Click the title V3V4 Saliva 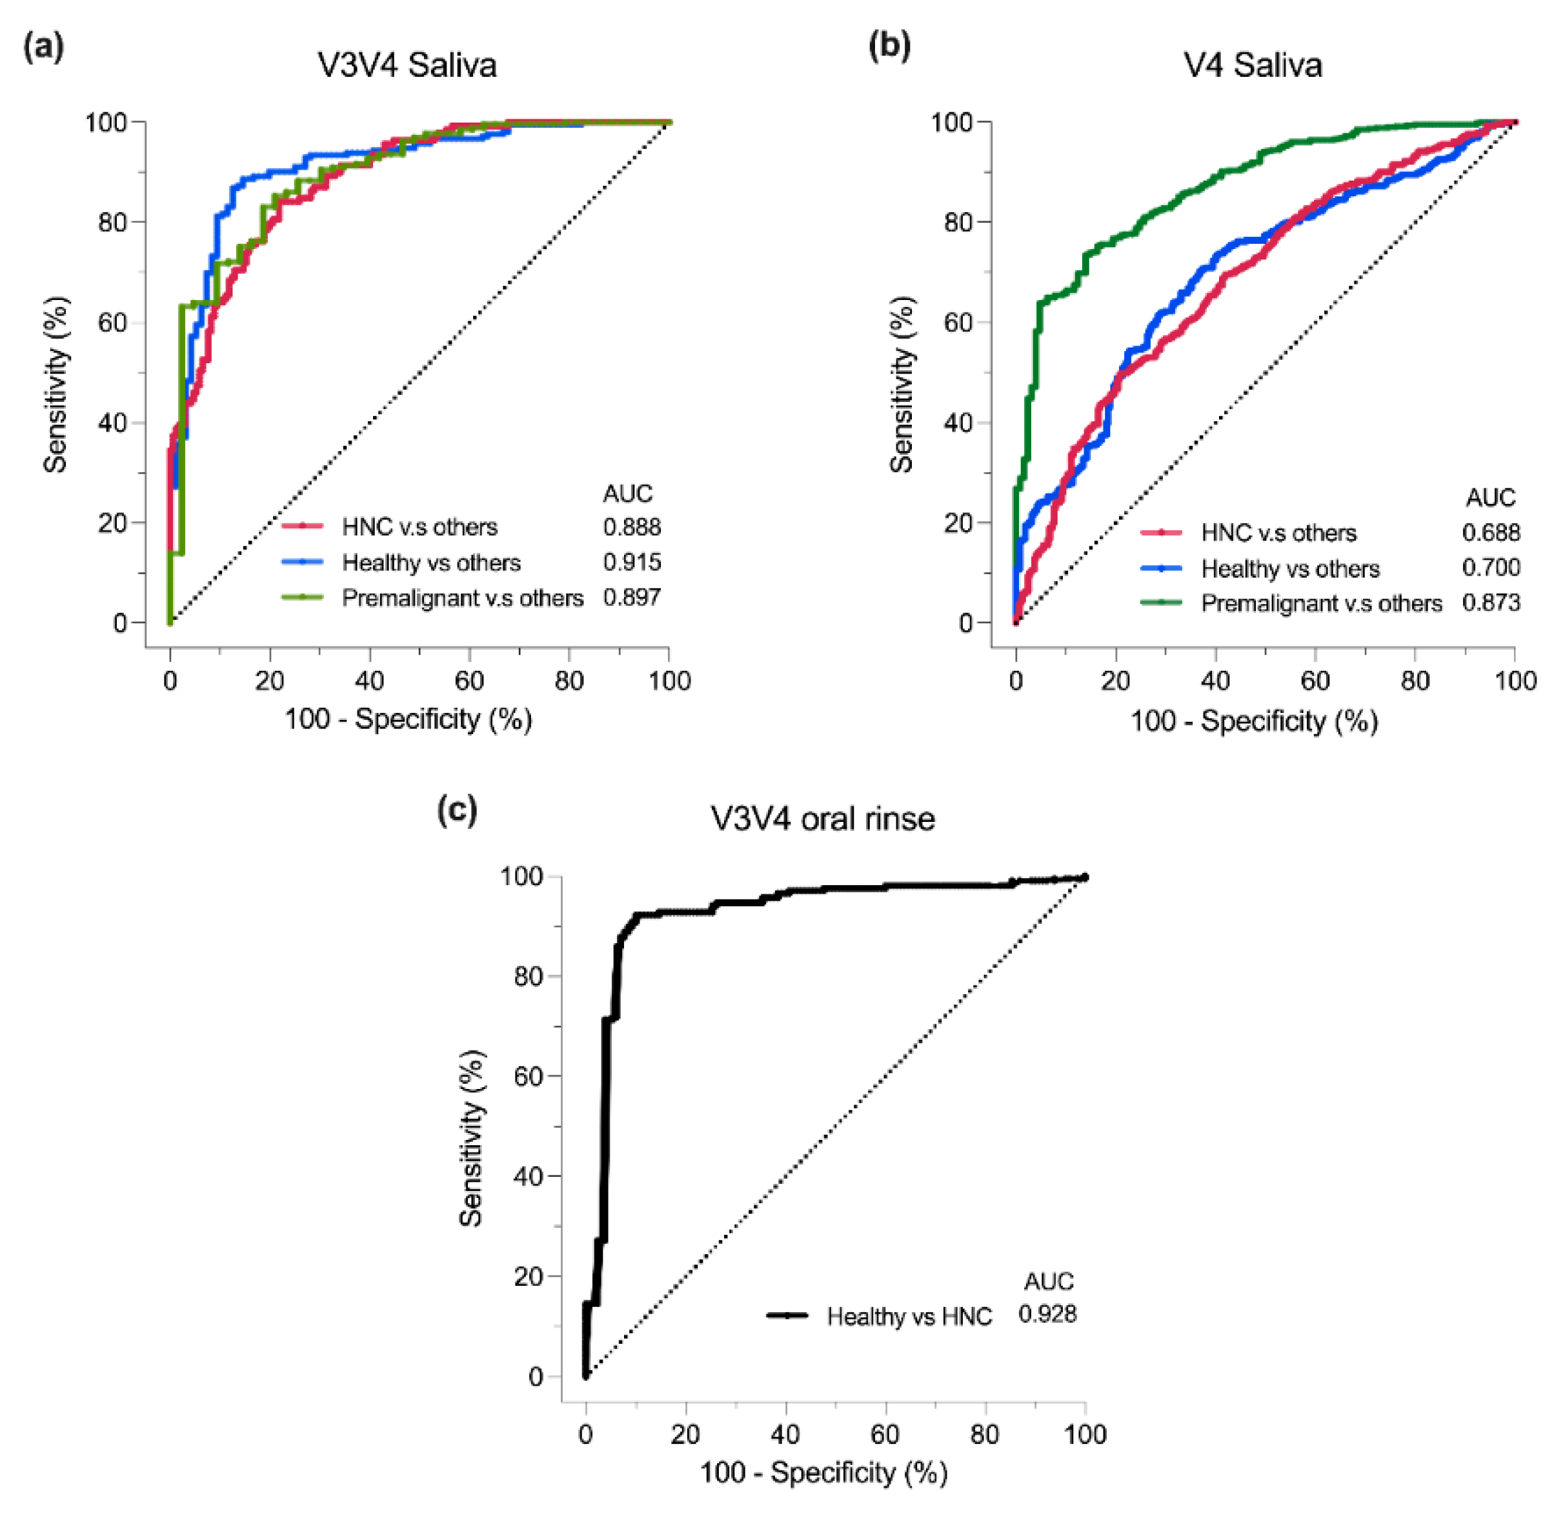coord(407,65)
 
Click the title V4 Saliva coord(1253,65)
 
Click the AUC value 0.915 coord(632,562)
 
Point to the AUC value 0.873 coord(1491,603)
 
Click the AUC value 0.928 coord(1047,1314)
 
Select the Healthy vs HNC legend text coord(909,1317)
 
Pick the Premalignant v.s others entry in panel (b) coord(1321,603)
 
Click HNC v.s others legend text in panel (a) coord(419,527)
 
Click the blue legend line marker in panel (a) coord(303,562)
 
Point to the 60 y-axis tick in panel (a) coord(112,323)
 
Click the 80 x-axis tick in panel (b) coord(1415,681)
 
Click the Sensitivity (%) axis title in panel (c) coord(472,1139)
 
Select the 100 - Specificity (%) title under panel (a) coord(408,719)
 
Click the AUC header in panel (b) coord(1490,498)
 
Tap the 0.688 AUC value coord(1491,532)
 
